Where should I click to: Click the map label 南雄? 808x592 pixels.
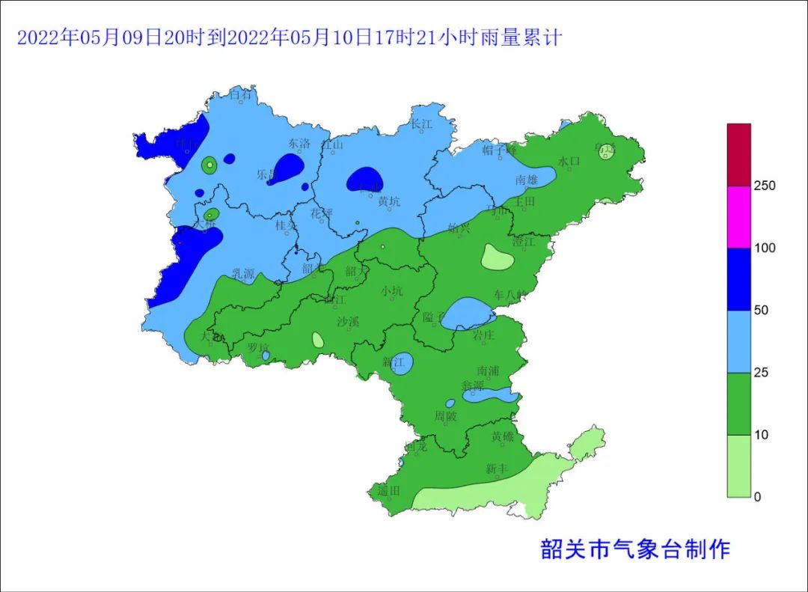[x=527, y=180]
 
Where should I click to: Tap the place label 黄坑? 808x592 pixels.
[x=389, y=201]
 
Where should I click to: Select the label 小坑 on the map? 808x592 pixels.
[x=391, y=291]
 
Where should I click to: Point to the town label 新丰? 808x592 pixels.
[x=496, y=469]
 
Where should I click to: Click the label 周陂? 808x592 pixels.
[x=445, y=416]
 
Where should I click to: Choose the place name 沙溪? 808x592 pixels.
[x=348, y=322]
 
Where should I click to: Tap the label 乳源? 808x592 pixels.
[x=243, y=274]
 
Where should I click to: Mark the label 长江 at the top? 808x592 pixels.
[x=422, y=124]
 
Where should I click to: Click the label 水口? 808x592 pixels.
[x=569, y=162]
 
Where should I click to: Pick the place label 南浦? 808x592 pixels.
[x=489, y=370]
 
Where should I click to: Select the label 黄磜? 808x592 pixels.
[x=503, y=436]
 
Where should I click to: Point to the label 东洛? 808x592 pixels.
[x=299, y=143]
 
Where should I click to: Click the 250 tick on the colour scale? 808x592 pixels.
[x=764, y=186]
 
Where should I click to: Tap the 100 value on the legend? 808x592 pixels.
[x=764, y=248]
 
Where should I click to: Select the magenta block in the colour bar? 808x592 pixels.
[x=738, y=216]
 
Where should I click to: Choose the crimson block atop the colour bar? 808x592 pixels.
[x=738, y=154]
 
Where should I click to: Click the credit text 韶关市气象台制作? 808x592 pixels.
[x=634, y=550]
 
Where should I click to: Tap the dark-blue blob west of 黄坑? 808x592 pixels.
[x=365, y=179]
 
